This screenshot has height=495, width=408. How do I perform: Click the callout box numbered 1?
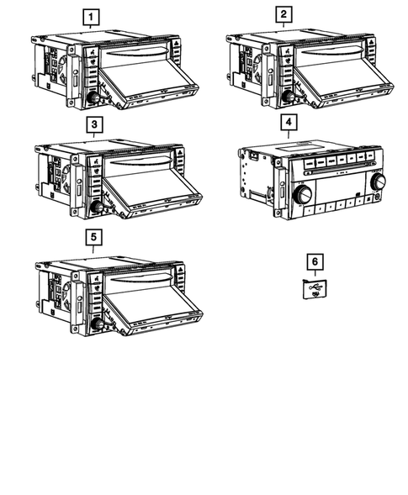click(x=91, y=17)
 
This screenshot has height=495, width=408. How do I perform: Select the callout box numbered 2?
click(x=283, y=14)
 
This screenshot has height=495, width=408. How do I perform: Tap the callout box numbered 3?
click(x=94, y=124)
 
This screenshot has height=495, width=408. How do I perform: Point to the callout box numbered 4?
click(x=289, y=122)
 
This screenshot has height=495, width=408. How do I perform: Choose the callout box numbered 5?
click(x=93, y=237)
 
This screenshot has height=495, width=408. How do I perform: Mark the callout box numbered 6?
click(x=315, y=261)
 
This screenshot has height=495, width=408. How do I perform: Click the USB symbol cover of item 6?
click(x=315, y=289)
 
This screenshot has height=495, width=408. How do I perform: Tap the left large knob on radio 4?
click(x=303, y=194)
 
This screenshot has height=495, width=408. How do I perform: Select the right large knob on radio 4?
click(x=378, y=181)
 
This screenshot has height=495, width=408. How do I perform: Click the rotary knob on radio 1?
click(x=93, y=97)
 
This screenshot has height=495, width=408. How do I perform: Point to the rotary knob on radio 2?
click(x=289, y=97)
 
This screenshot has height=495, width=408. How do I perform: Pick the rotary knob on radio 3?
click(x=97, y=208)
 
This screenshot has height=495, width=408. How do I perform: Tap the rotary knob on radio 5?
click(x=97, y=324)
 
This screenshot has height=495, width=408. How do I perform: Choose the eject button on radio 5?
click(x=180, y=270)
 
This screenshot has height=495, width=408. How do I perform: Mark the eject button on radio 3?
click(x=180, y=154)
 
